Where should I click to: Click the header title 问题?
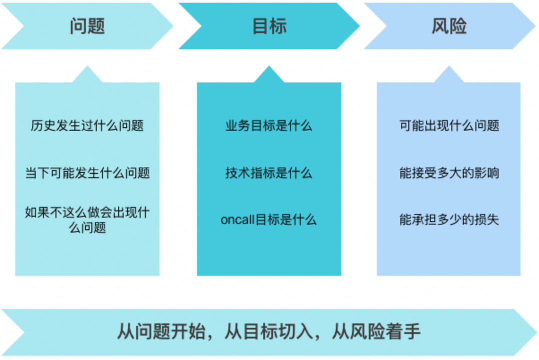tap(87, 26)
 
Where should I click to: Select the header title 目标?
tap(269, 26)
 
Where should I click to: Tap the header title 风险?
tap(448, 26)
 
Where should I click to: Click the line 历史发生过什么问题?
tap(87, 125)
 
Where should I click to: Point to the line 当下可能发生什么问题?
tap(87, 173)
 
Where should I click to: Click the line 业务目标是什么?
tap(269, 125)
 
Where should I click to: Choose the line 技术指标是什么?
tap(269, 173)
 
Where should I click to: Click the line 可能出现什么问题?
tap(449, 125)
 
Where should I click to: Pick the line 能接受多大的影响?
tap(449, 173)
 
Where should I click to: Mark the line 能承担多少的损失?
tap(449, 220)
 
